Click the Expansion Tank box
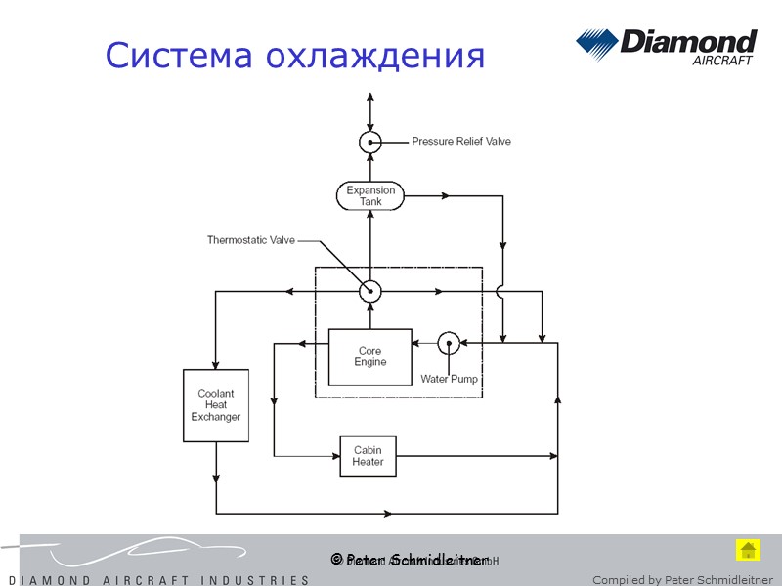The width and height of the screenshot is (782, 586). pyautogui.click(x=370, y=195)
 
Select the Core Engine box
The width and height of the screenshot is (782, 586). pyautogui.click(x=369, y=356)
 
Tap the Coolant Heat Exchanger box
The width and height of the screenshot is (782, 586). pyautogui.click(x=216, y=405)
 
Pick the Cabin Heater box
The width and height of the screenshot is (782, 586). pyautogui.click(x=368, y=456)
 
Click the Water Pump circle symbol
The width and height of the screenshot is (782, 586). pyautogui.click(x=448, y=342)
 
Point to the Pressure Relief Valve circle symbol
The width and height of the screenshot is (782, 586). pyautogui.click(x=369, y=142)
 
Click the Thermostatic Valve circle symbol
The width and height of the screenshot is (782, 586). pyautogui.click(x=369, y=291)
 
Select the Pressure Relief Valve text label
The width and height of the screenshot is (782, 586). pyautogui.click(x=460, y=142)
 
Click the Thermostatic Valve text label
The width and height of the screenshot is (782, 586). pyautogui.click(x=250, y=239)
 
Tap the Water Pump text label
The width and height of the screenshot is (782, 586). pyautogui.click(x=449, y=379)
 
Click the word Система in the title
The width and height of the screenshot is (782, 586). pyautogui.click(x=174, y=55)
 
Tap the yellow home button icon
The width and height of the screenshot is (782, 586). pyautogui.click(x=748, y=550)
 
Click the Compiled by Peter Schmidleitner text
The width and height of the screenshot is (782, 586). pyautogui.click(x=682, y=579)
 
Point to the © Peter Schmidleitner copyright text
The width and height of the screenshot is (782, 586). pyautogui.click(x=410, y=560)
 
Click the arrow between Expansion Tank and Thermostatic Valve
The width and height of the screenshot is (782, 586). pyautogui.click(x=369, y=234)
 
